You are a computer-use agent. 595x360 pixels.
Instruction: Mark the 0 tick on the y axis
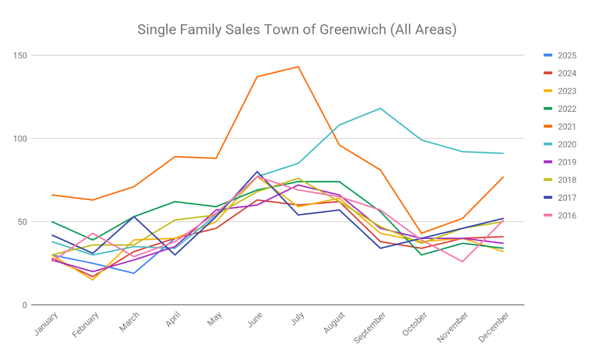[x=24, y=305]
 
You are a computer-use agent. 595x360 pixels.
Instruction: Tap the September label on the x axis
[x=370, y=328]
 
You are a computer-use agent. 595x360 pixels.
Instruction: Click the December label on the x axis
[x=494, y=327]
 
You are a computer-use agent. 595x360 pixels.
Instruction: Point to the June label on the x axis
[x=255, y=320]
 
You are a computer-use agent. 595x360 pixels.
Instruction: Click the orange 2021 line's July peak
[x=298, y=67]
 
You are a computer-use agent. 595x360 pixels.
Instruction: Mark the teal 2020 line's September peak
[x=380, y=108]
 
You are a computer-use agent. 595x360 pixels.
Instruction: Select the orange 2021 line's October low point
[x=421, y=233]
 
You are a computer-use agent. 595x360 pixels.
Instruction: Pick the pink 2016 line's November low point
[x=462, y=262]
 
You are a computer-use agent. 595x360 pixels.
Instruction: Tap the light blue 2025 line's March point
[x=134, y=273]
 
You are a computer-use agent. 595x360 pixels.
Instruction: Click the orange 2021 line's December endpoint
[x=504, y=177]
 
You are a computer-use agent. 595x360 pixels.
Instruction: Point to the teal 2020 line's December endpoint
[x=504, y=153]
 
